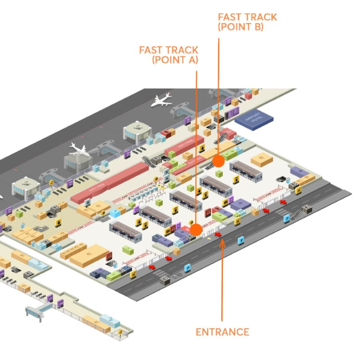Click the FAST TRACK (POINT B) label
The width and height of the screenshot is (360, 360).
click(247, 22)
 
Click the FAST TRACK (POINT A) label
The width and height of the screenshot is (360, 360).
click(169, 55)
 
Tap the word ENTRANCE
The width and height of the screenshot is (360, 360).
click(222, 332)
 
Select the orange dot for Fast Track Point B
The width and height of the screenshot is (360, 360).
click(218, 161)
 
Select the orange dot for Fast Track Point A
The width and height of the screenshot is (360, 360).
click(196, 229)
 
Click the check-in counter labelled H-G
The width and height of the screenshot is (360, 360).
click(155, 216)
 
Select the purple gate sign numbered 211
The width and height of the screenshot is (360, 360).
click(50, 298)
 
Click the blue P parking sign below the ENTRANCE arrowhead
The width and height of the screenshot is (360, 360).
click(241, 240)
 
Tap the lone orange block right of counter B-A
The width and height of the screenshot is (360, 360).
click(262, 160)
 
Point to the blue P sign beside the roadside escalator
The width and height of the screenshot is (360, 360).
click(286, 219)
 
